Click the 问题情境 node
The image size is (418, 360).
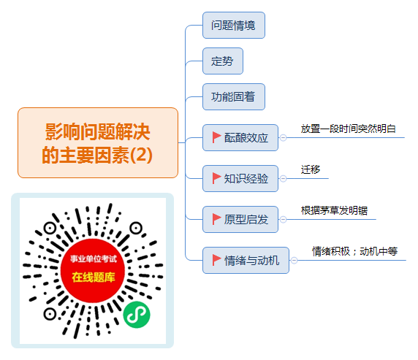pos(234,26)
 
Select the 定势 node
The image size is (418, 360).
pos(223,61)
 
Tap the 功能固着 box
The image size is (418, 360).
pos(234,96)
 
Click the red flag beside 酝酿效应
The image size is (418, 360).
pos(216,137)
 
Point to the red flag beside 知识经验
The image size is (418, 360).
pos(216,178)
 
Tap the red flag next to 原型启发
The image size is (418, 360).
pos(216,219)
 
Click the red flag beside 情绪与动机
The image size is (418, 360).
pos(216,260)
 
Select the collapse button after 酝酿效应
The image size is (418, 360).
pos(283,137)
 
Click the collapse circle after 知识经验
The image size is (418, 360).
pos(283,178)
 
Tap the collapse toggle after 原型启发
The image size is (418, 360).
pos(283,219)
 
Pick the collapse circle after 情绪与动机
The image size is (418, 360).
pos(294,260)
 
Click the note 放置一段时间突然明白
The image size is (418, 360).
pos(348,129)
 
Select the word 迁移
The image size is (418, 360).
pos(311,169)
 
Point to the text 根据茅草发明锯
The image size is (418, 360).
pos(334,210)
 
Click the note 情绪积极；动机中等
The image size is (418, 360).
pos(355,251)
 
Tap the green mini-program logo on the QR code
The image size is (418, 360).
pos(137,315)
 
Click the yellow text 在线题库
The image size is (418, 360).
pos(94,277)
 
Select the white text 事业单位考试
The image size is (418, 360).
pos(94,258)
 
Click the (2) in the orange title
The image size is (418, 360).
pos(141,155)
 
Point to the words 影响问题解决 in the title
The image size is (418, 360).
pos(98,131)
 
